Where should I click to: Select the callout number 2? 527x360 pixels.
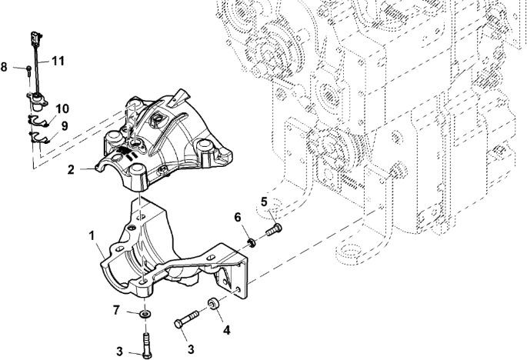point(70,168)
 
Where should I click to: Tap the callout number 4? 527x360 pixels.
point(225,331)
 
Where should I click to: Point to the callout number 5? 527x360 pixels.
point(263,202)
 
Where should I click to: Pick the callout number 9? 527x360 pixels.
point(65,125)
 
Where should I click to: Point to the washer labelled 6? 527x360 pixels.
point(252,243)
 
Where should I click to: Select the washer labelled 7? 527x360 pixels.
point(144,315)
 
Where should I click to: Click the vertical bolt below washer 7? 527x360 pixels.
point(144,341)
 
